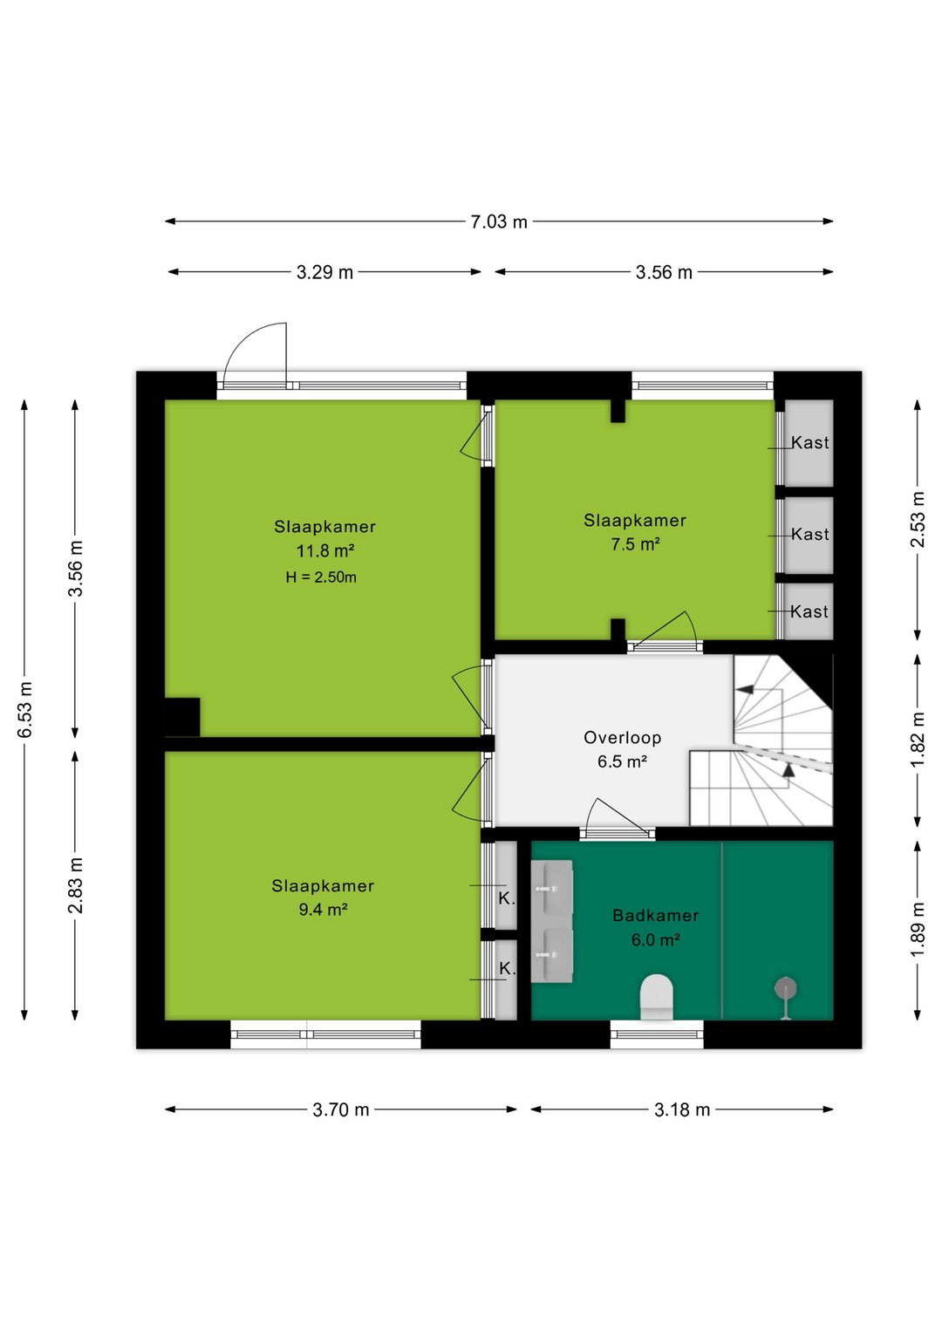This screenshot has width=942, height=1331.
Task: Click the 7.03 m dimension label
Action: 499,222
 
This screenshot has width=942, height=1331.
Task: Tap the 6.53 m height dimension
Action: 25,710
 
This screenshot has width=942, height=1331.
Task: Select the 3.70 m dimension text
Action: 341,1109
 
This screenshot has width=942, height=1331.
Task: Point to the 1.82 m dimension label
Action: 918,739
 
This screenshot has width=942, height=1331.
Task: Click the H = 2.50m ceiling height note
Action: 321,577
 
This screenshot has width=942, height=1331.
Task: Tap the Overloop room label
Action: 622,737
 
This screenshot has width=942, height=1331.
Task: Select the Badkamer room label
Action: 656,915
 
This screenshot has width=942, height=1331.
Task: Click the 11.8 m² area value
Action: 325,551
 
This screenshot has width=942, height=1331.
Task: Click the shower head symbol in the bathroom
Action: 786,990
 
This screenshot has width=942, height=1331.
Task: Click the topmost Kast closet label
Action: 809,442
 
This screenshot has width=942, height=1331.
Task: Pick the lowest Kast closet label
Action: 809,611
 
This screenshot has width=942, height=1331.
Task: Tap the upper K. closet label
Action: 507,898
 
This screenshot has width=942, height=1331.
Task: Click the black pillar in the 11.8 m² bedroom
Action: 182,717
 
